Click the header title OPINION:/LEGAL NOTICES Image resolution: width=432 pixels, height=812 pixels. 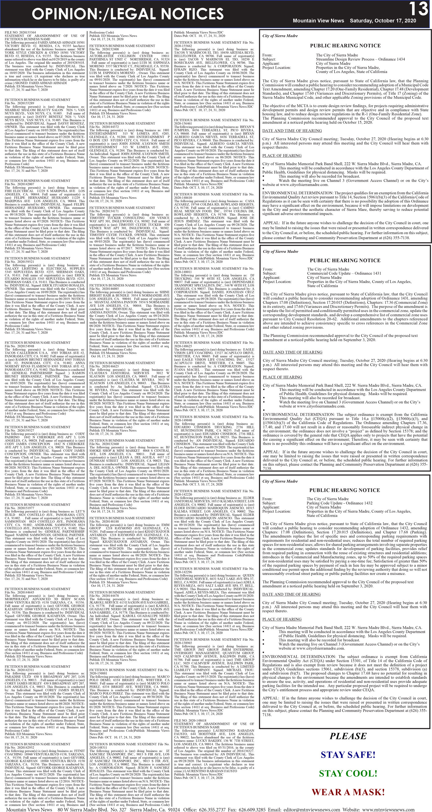[128, 14]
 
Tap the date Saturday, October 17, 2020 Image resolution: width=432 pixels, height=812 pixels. [383, 21]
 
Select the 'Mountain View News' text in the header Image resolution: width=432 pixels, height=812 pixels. [318, 21]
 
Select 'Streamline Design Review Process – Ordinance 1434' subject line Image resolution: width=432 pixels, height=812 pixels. [361, 59]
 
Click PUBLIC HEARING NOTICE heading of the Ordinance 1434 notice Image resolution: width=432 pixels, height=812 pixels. [345, 46]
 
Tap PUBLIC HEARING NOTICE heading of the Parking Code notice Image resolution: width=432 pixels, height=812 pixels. [344, 490]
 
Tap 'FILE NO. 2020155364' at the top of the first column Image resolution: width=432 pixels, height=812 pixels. [20, 33]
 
